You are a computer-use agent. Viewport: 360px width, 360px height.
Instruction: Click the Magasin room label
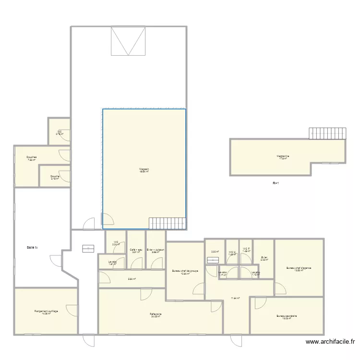[144, 169]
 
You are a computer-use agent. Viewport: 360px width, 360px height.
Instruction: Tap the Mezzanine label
[283, 156]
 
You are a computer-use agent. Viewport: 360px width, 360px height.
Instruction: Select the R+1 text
[276, 183]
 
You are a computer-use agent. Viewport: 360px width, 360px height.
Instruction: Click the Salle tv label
[33, 247]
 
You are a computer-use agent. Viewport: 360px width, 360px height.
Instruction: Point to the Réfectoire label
[155, 315]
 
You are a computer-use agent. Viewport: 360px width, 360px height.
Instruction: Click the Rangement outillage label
[46, 312]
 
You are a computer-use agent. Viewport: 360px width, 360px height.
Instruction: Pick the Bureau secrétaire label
[287, 316]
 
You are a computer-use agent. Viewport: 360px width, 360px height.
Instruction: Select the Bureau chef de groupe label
[185, 271]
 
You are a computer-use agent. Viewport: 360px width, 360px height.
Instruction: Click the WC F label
[246, 249]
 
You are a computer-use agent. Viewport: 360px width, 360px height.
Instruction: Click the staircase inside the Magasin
[167, 223]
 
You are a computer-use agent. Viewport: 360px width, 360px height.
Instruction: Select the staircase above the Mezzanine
[327, 133]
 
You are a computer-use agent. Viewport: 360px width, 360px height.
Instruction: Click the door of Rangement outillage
[72, 311]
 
